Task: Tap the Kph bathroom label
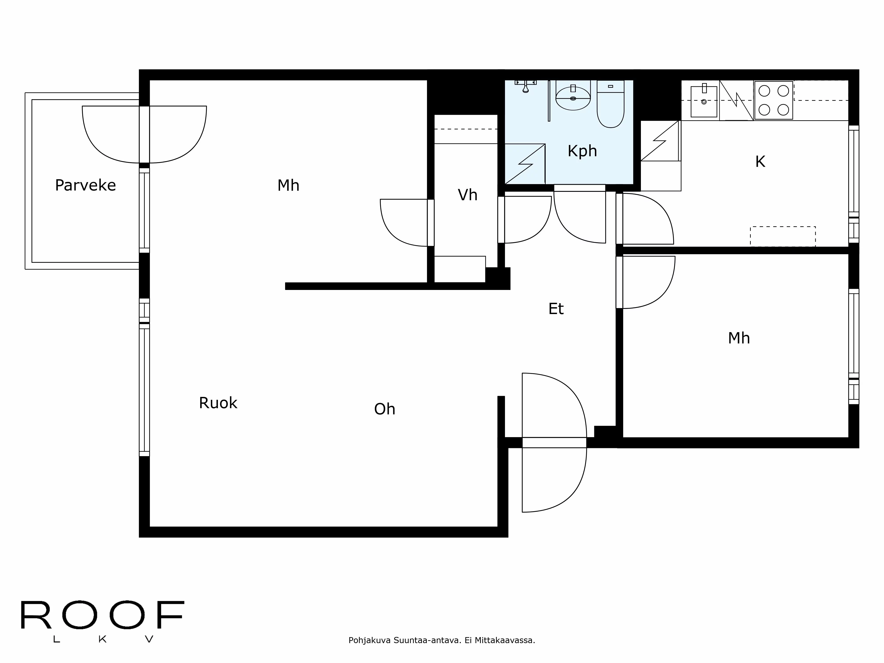[x=582, y=151]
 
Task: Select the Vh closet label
[x=468, y=195]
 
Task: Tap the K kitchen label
[x=760, y=162]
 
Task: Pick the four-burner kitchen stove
[x=774, y=100]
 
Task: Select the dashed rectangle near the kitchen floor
[x=783, y=237]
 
